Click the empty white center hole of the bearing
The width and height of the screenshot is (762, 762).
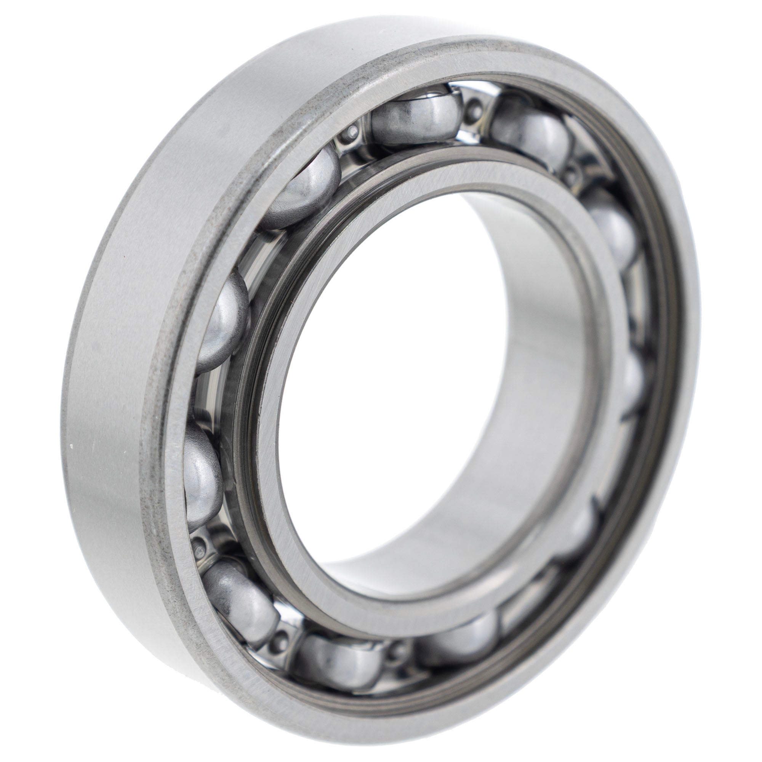click(x=394, y=394)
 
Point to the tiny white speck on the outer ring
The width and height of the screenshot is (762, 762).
click(x=71, y=446)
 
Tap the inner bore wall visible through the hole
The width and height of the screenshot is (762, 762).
click(x=544, y=394)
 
